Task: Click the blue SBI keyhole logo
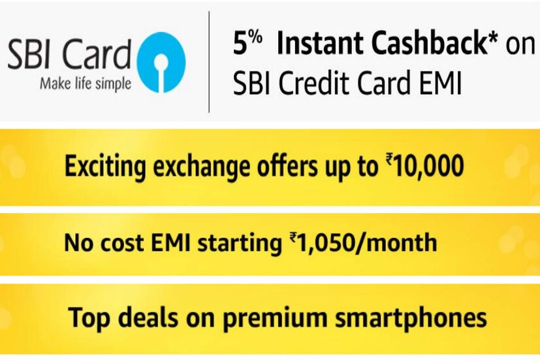click(161, 62)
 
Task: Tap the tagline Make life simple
click(86, 84)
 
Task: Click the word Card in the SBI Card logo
click(98, 54)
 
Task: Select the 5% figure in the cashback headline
click(247, 43)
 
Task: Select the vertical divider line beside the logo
click(209, 62)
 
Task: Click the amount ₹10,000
click(425, 166)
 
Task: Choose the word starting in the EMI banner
click(240, 244)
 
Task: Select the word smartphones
click(411, 318)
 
